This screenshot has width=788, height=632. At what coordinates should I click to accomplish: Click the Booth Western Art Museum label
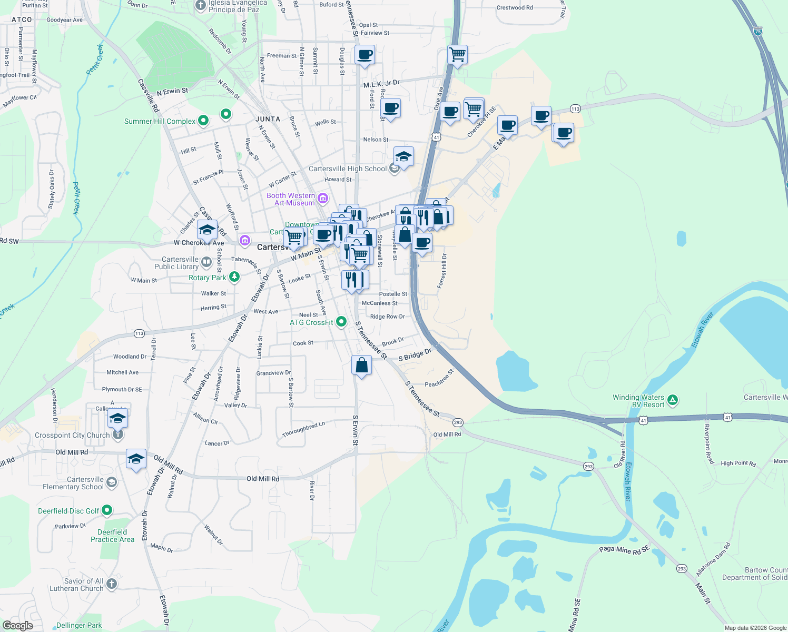click(x=291, y=199)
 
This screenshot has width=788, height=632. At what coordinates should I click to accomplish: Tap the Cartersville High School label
click(x=348, y=169)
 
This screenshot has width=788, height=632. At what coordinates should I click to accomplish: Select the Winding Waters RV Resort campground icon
click(x=672, y=400)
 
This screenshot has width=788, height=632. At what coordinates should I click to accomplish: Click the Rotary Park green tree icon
click(x=234, y=276)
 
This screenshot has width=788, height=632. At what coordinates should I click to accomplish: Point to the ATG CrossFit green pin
click(x=341, y=321)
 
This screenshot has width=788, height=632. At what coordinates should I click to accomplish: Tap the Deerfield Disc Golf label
click(x=68, y=511)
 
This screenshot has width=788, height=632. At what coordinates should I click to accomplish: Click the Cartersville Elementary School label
click(x=73, y=483)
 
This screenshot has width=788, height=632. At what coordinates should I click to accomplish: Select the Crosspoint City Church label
click(x=72, y=435)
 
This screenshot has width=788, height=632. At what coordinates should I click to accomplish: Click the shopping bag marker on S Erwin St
click(x=361, y=365)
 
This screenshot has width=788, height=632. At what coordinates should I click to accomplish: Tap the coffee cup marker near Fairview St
click(x=365, y=54)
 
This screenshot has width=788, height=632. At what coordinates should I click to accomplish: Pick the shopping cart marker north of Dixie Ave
click(x=457, y=54)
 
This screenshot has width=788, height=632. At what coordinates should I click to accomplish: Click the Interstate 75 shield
click(x=757, y=31)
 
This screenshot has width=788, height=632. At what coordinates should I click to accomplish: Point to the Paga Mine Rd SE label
click(x=624, y=550)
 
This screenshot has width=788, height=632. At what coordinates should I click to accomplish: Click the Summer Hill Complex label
click(x=160, y=121)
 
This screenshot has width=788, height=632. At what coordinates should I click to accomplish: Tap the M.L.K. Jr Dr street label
click(x=381, y=84)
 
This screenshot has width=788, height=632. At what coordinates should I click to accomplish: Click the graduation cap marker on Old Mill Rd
click(x=136, y=459)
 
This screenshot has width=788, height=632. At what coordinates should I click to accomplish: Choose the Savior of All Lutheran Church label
click(x=77, y=585)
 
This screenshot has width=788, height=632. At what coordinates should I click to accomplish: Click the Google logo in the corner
click(x=18, y=625)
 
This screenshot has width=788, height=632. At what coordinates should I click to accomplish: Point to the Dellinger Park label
click(x=79, y=625)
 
